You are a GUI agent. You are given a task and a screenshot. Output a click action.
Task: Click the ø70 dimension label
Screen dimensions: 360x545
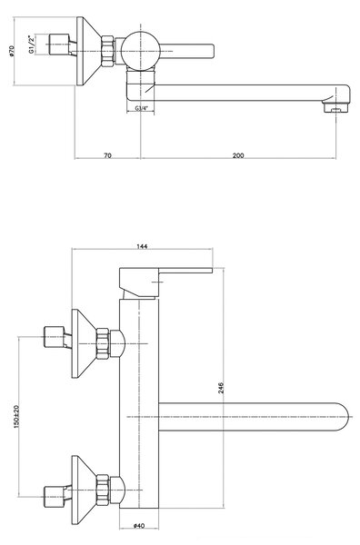11,51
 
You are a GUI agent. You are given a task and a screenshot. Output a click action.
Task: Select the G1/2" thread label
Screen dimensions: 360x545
32,45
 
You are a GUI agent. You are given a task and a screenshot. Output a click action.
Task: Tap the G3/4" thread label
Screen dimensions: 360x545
141,108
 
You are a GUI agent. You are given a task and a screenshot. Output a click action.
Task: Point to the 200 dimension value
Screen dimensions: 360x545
238,155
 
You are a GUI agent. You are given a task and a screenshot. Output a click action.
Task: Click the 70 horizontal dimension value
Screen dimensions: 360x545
108,155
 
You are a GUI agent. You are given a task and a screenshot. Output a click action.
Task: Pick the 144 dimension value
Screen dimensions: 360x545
142,246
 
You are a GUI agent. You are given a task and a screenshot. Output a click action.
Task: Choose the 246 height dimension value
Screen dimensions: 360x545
221,388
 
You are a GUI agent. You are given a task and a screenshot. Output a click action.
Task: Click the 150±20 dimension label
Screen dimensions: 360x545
16,416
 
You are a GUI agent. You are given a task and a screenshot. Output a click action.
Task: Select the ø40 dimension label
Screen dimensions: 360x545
138,526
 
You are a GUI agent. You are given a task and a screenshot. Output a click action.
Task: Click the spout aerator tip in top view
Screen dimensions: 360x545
336,107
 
